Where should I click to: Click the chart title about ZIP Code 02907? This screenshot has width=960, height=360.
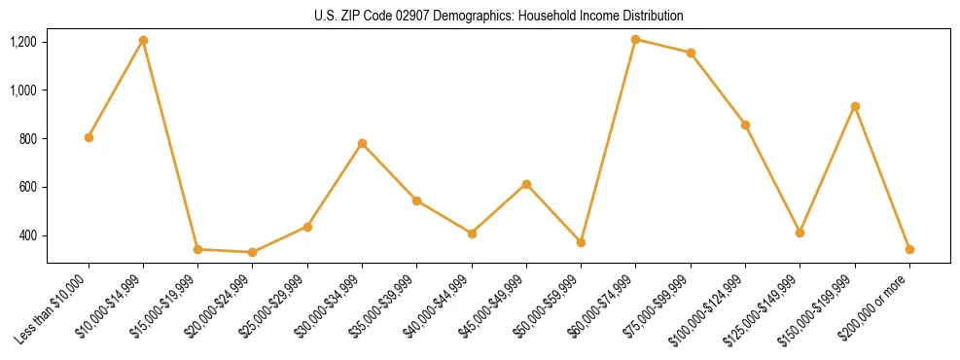[498, 16]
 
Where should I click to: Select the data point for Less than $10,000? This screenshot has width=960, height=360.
[89, 137]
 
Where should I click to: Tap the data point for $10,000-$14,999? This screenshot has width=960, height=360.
[143, 40]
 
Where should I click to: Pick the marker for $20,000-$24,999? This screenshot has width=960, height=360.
[253, 252]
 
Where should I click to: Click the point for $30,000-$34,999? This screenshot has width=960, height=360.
[362, 143]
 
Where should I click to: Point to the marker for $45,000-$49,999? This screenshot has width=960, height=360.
[526, 184]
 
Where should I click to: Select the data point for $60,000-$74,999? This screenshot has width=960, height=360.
[635, 39]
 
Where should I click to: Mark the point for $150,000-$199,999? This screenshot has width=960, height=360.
[855, 106]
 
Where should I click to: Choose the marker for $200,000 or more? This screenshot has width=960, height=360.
[909, 249]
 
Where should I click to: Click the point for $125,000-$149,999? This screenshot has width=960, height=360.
[800, 233]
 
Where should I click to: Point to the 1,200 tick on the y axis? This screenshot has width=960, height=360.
[23, 42]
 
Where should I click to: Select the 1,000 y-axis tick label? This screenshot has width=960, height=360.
[23, 90]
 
